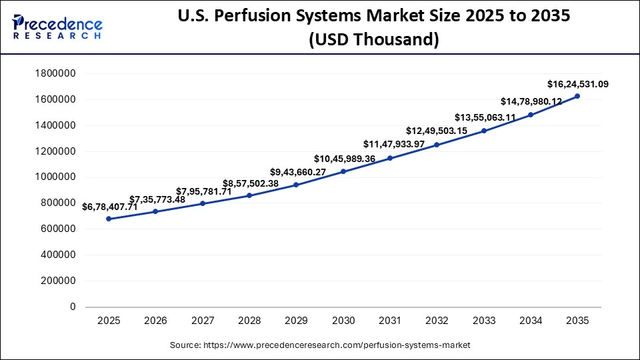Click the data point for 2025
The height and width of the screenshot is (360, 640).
109,219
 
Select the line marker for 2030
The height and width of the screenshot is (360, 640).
343,171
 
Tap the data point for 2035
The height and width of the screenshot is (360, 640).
577,96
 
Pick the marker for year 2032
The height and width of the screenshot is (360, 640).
437,145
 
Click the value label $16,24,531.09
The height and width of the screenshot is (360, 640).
577,84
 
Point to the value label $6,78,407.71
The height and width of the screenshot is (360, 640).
109,207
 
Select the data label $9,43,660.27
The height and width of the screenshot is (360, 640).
298,172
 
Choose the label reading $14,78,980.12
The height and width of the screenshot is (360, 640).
531,101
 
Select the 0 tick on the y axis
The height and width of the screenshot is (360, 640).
72,307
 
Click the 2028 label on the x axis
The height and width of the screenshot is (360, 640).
249,321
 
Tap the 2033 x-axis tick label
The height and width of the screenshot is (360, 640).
483,321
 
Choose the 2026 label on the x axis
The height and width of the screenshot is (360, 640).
155,321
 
